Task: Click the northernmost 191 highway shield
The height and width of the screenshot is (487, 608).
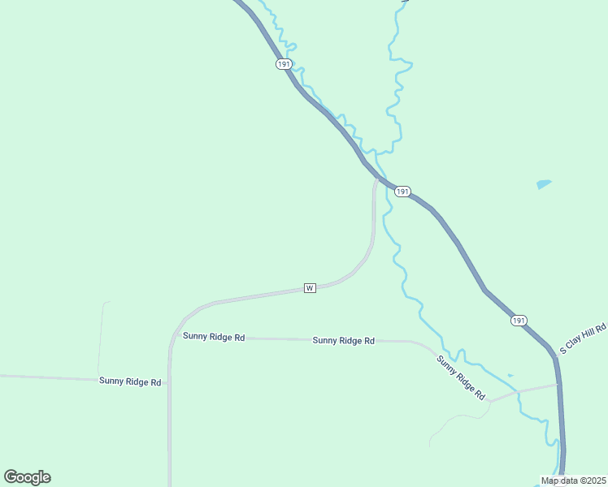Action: (283, 63)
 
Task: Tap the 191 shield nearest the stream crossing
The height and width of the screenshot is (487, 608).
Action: (402, 192)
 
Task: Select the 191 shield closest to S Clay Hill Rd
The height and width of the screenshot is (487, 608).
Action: (519, 321)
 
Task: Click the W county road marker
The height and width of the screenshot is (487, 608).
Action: (309, 288)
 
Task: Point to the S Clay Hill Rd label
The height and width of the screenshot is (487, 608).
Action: (584, 339)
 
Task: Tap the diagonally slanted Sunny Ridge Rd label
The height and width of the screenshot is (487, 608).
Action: (461, 377)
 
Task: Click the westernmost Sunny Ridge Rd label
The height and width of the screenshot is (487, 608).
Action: (130, 381)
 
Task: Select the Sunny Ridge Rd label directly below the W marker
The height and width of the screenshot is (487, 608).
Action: (343, 341)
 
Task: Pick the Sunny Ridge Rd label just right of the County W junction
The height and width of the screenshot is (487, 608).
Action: (214, 336)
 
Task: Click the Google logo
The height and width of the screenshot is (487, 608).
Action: (27, 477)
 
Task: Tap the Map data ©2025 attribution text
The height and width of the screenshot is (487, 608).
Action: (574, 481)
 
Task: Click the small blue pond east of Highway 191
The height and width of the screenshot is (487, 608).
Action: (544, 184)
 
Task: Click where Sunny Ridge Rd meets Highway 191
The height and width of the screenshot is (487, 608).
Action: (558, 385)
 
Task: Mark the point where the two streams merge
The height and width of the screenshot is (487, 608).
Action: (376, 152)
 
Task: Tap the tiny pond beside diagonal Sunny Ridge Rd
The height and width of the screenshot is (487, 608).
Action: (510, 375)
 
